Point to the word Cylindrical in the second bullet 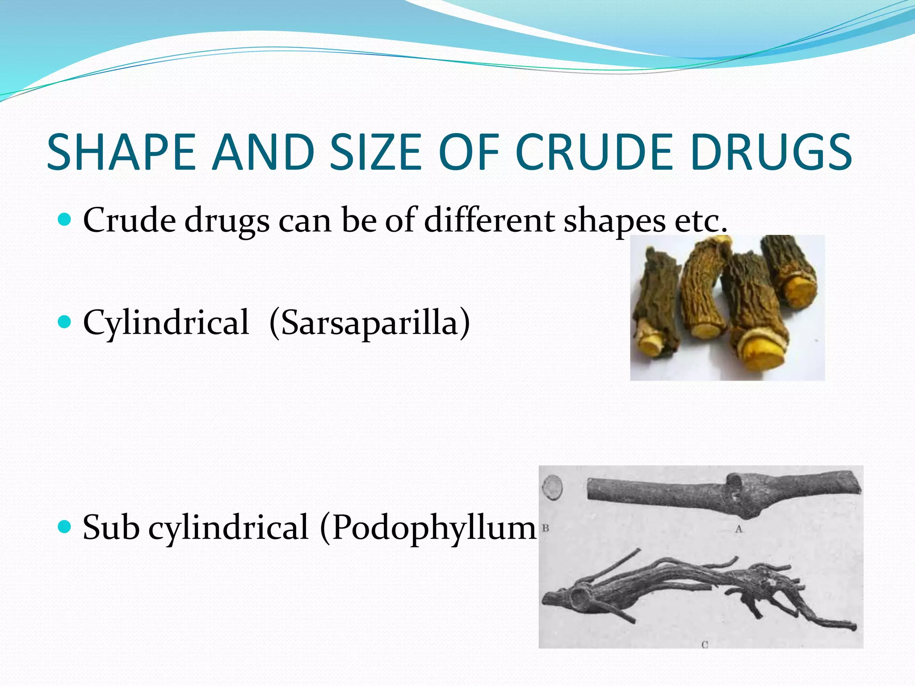coord(166,322)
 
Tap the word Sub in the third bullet coord(111,527)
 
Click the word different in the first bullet coord(489,220)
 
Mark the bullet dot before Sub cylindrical coord(65,527)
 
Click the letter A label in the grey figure coord(739,529)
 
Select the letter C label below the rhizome coord(705,644)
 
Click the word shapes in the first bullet coord(614,221)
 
